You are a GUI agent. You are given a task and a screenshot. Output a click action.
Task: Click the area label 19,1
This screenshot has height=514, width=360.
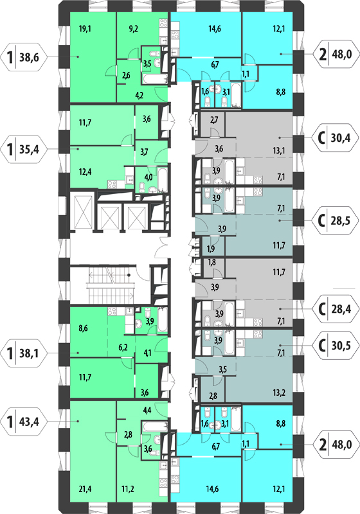85,29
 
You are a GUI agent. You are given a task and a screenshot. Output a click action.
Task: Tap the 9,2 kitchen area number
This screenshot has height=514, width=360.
134,29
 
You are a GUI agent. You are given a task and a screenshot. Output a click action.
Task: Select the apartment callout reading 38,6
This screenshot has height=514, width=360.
24,58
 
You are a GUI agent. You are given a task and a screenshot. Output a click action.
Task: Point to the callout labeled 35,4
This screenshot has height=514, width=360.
24,149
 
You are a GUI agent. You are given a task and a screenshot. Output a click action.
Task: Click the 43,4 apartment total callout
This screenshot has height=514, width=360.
24,421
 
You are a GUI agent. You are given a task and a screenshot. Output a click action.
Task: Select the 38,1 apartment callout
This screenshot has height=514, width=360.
24,353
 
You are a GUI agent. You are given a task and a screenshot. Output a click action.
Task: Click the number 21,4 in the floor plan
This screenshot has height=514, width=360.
85,490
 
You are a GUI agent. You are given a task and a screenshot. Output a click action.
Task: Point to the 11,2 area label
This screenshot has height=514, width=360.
127,490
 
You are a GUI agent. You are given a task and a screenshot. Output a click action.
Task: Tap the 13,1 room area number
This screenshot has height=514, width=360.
279,150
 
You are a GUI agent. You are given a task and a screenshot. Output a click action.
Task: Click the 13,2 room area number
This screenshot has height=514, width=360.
279,393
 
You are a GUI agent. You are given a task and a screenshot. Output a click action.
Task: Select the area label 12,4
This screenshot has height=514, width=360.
85,172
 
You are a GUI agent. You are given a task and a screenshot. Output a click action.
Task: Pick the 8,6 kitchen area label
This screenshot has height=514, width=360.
84,328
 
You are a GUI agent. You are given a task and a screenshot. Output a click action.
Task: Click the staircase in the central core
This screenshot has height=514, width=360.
111,285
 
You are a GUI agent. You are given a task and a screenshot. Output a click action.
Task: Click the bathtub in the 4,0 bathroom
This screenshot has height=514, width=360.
163,180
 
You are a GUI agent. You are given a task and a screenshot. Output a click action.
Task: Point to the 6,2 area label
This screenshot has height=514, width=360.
123,348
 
